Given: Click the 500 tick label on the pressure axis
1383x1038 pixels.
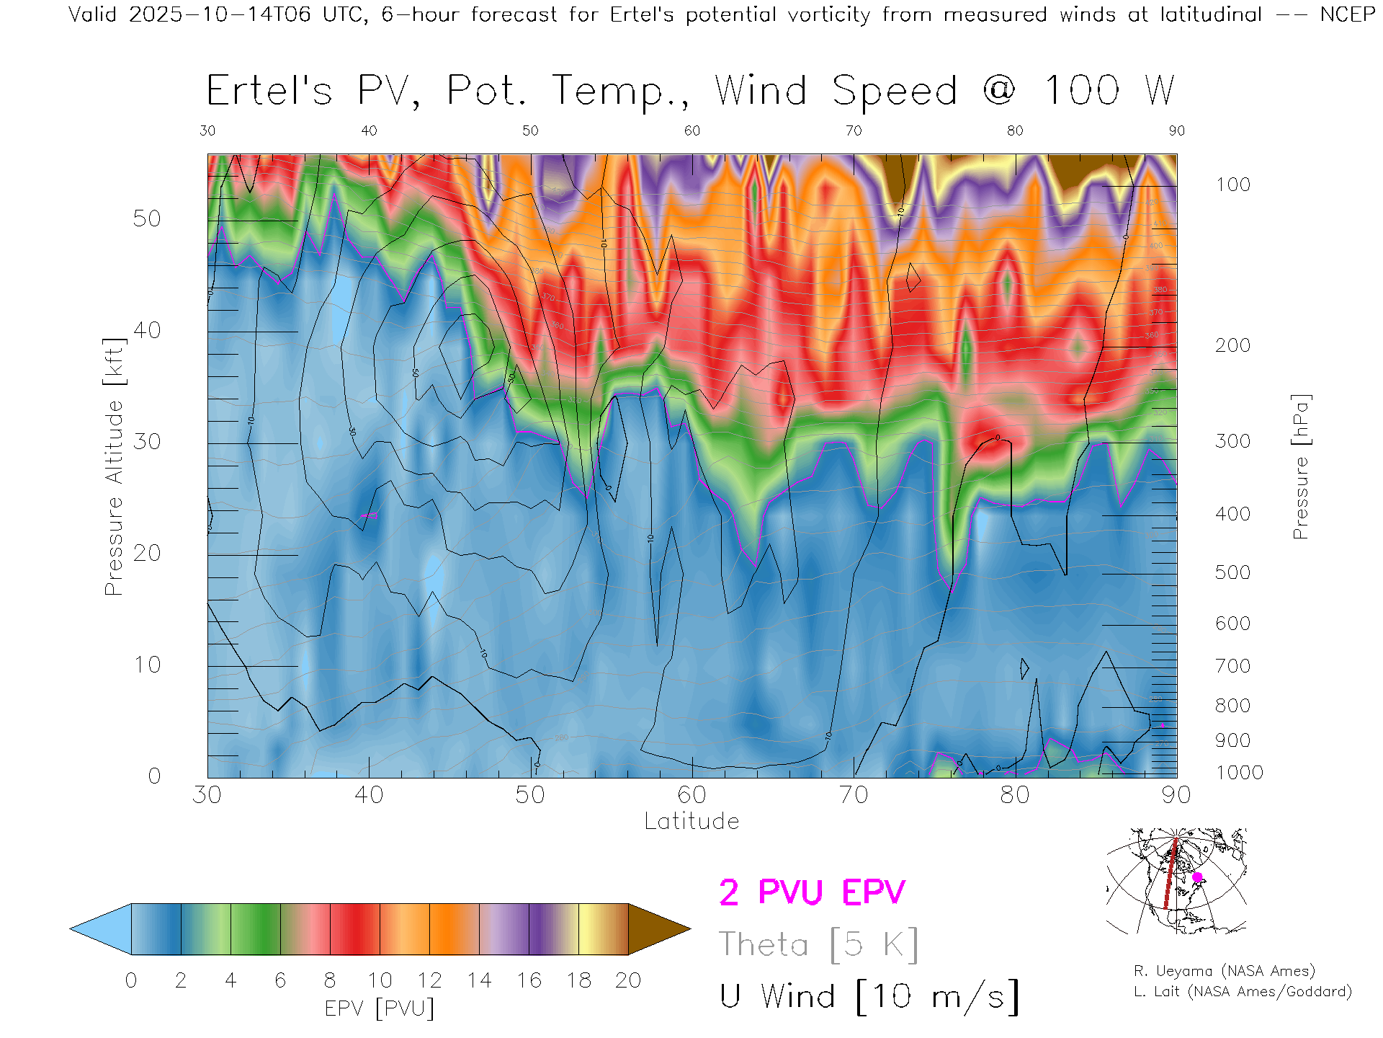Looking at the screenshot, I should [x=1232, y=572].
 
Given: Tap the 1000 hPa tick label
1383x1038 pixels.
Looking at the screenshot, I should [x=1239, y=773].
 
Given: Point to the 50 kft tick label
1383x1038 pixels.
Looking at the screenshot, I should [x=146, y=218].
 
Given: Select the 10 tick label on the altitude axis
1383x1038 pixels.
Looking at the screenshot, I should [x=146, y=665].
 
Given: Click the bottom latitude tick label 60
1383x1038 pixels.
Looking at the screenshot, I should [x=691, y=795].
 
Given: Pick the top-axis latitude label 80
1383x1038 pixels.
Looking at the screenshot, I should [x=1015, y=130].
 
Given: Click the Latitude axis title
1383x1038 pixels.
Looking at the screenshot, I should [x=691, y=821].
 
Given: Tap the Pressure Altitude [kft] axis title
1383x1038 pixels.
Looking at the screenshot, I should [x=114, y=466].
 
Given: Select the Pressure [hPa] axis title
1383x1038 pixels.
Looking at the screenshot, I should [x=1300, y=466].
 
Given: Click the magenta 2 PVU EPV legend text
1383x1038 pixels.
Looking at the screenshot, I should [x=812, y=892].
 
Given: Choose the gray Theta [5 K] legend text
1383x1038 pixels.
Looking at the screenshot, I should [x=818, y=944].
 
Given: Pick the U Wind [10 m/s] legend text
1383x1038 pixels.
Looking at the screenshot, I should [x=869, y=996].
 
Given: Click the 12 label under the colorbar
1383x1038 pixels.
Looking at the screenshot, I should [x=429, y=980].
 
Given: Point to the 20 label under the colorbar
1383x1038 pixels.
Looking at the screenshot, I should [x=628, y=980].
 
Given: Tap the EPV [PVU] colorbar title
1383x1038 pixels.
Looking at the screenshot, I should [x=380, y=1008].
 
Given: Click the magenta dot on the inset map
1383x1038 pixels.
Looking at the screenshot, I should [x=1197, y=877].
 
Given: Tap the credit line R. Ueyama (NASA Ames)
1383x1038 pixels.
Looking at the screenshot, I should [x=1224, y=971].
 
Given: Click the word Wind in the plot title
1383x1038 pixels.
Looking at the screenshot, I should [x=761, y=91].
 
